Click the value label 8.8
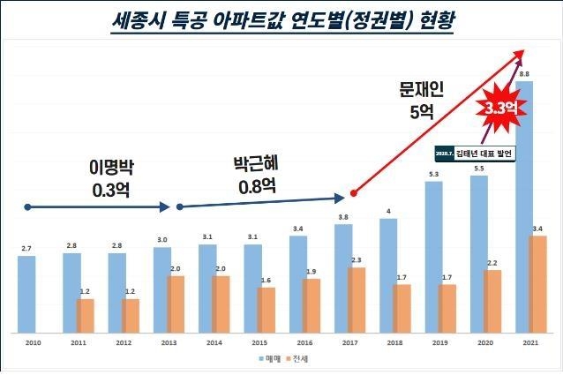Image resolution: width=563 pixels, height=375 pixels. click(525, 74)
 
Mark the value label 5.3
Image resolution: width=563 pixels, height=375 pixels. click(433, 174)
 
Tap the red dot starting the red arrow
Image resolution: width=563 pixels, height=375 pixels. click(353, 191)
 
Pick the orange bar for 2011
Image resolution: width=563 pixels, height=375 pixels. click(86, 312)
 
